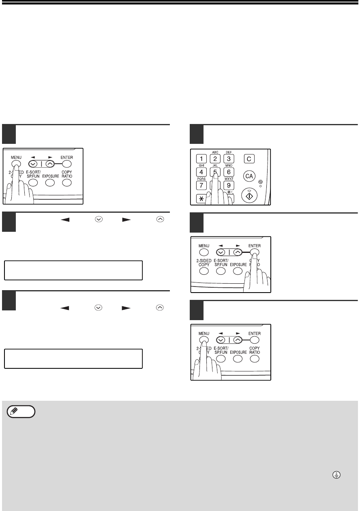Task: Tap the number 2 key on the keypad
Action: tap(215, 159)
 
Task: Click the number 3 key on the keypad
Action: tap(229, 159)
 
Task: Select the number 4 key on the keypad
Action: tap(201, 172)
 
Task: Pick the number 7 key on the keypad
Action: tap(201, 185)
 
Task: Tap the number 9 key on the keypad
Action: tap(229, 185)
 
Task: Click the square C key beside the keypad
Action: tap(249, 159)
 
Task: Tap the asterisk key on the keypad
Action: tap(201, 199)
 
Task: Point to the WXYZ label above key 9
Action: tap(229, 179)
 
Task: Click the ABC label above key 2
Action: tap(215, 152)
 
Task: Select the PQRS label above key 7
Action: tap(201, 179)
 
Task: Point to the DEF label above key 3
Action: tap(229, 152)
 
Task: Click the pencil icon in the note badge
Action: tap(14, 412)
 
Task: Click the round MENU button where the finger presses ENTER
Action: tap(204, 252)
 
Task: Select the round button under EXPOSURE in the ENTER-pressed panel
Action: tap(238, 271)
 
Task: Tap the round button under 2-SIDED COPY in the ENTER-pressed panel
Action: tap(204, 271)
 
